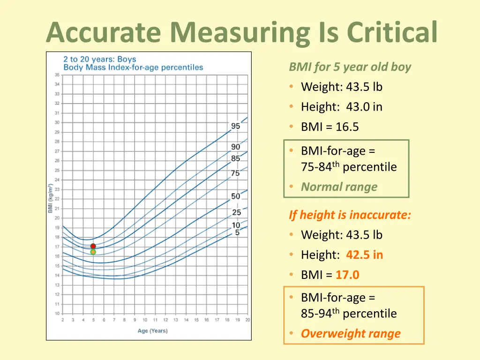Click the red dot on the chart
click(93, 246)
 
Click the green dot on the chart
click(93, 252)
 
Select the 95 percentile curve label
click(235, 126)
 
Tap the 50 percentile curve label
click(235, 196)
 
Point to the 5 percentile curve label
click(237, 232)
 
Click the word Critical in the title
click(392, 32)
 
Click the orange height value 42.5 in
click(364, 255)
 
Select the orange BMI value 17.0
click(347, 275)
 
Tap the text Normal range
click(339, 187)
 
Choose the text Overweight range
click(351, 334)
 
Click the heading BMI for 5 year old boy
click(350, 67)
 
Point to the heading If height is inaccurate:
click(350, 215)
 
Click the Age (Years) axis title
click(152, 331)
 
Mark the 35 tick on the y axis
click(57, 75)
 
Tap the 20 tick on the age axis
click(247, 320)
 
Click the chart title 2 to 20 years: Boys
click(99, 59)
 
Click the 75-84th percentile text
click(348, 167)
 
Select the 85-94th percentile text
click(348, 314)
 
